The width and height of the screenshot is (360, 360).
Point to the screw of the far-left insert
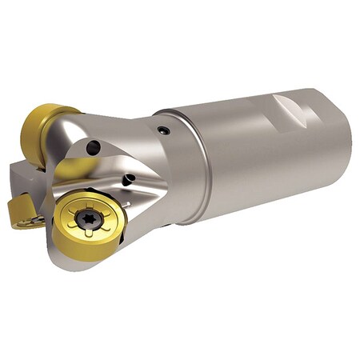coord(36,218)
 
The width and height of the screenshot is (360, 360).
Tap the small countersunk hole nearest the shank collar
coord(163,130)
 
